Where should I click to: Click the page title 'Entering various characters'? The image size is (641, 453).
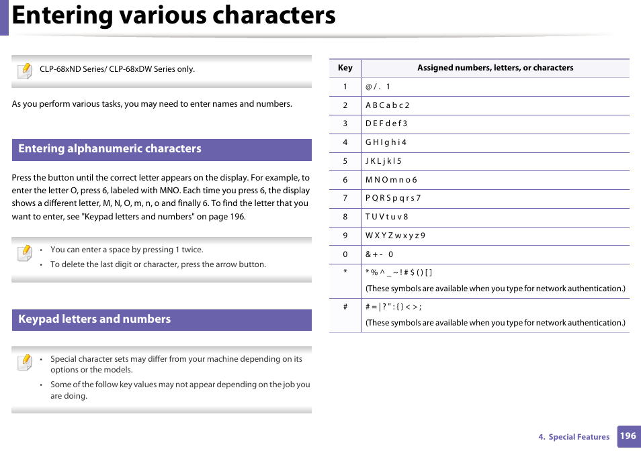coord(174,16)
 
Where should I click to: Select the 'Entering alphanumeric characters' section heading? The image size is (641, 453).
coord(110,149)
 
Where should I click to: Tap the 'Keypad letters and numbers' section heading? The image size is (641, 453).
coord(95,319)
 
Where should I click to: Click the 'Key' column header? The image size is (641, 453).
coord(345,68)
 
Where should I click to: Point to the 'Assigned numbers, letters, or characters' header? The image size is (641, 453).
coord(495,68)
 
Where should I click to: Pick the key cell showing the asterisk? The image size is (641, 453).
coord(345,272)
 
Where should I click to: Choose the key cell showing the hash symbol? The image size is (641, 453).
coord(345,307)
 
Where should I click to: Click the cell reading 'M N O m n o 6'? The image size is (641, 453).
coord(391,180)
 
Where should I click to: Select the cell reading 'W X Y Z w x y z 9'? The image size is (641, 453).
coord(395,236)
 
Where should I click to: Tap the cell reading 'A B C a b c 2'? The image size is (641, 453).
coord(387,105)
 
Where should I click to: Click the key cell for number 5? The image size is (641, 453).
coord(345,161)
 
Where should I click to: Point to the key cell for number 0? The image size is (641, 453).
coord(345,254)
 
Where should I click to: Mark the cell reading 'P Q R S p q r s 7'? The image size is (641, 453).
coord(393,198)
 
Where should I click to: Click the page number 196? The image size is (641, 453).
coord(628,436)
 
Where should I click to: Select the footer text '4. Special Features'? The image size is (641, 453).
coord(574,437)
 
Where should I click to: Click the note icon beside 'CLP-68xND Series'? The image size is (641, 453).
coord(24,70)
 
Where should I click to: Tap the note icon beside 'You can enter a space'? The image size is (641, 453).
coord(24,253)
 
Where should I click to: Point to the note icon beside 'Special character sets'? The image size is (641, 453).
coord(24,362)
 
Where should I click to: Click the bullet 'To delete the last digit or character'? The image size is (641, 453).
coord(158,264)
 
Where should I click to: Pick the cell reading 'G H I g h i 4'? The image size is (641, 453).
coord(386,142)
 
